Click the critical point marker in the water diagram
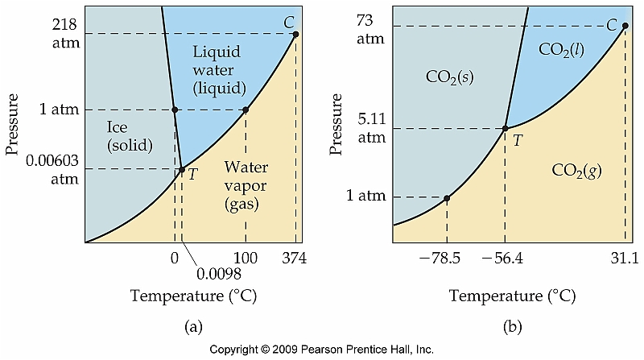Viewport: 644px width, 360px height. pos(295,34)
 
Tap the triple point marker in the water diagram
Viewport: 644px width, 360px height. pos(182,170)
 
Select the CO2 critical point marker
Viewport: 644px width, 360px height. pos(626,26)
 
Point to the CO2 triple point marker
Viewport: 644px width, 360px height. pos(505,128)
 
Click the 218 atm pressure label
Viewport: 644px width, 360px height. pos(60,33)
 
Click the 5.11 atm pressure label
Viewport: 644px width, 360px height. pos(371,129)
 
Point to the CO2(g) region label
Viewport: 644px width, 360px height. pos(577,170)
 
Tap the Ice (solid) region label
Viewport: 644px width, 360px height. pos(129,135)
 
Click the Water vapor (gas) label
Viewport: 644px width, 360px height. pos(246,186)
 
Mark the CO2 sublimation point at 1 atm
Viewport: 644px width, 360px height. pos(447,197)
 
